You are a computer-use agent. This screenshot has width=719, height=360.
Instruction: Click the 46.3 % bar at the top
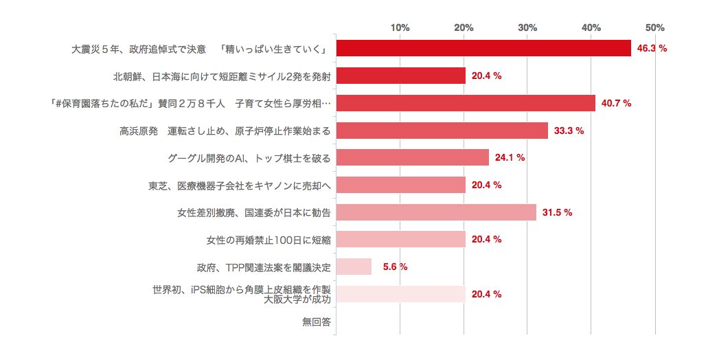tap(483, 49)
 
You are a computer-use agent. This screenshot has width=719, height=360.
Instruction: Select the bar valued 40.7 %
tap(465, 103)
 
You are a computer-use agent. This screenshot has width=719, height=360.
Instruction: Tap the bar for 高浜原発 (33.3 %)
tap(442, 131)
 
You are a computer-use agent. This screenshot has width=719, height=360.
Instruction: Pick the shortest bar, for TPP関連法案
tap(353, 267)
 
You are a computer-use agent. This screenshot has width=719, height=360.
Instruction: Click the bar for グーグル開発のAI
tap(412, 157)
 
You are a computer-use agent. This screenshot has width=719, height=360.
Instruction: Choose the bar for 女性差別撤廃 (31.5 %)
tap(435, 212)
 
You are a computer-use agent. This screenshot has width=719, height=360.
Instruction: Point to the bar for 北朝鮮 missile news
tap(400, 76)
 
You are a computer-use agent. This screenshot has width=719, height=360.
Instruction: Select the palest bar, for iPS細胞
tap(400, 294)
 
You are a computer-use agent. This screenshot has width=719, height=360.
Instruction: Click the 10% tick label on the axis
tap(400, 27)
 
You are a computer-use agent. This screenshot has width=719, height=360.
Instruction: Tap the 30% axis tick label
tap(527, 27)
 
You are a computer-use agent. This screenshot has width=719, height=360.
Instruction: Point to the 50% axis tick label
tap(655, 27)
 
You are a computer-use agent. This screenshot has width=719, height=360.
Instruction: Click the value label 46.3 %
tap(652, 49)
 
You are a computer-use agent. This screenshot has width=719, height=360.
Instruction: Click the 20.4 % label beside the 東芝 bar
tap(486, 185)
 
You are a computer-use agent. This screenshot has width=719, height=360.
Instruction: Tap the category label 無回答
tap(317, 322)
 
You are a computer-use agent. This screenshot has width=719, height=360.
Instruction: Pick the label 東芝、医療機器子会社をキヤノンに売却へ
tap(240, 185)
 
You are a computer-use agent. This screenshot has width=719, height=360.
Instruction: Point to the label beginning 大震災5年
tap(198, 49)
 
